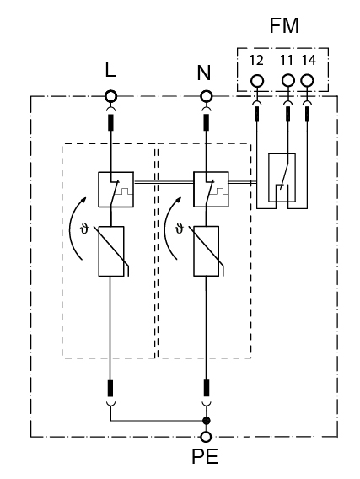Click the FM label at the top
tap(284, 25)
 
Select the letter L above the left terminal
tap(110, 70)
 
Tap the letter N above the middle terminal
tap(204, 73)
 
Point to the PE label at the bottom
tap(205, 457)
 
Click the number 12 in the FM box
tap(256, 60)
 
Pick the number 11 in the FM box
tap(287, 60)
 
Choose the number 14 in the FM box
tap(309, 60)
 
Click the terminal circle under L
tap(110, 96)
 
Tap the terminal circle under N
tap(206, 96)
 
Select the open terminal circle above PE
tap(206, 437)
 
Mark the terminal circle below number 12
tap(257, 81)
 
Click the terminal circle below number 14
tap(307, 81)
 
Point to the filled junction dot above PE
tap(207, 421)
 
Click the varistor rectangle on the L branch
tap(111, 251)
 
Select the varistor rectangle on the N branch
tap(207, 251)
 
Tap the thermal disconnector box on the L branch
tap(116, 190)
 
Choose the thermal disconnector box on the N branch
tap(211, 190)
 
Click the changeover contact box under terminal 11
tap(282, 178)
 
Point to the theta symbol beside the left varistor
tap(83, 229)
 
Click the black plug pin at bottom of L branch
tap(110, 388)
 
